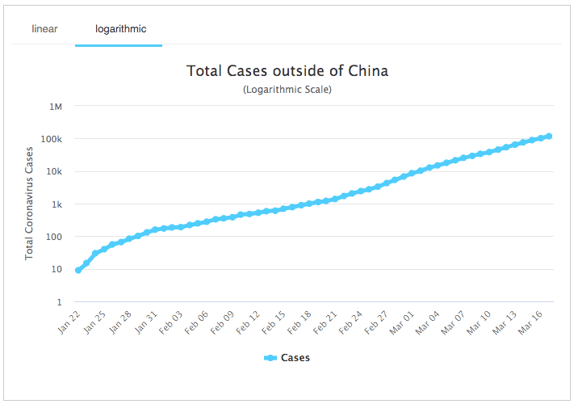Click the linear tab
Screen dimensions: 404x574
(x=44, y=29)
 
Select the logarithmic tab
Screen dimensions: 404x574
(x=120, y=29)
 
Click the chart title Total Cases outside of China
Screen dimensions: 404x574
(x=287, y=71)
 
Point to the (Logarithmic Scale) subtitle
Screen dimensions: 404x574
(x=287, y=90)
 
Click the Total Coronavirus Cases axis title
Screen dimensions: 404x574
(x=30, y=203)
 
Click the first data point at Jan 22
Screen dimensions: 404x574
(x=78, y=270)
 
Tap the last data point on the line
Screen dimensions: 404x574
(x=549, y=136)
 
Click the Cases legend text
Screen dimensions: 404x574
(x=295, y=358)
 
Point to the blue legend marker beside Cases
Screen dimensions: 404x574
(x=270, y=358)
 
